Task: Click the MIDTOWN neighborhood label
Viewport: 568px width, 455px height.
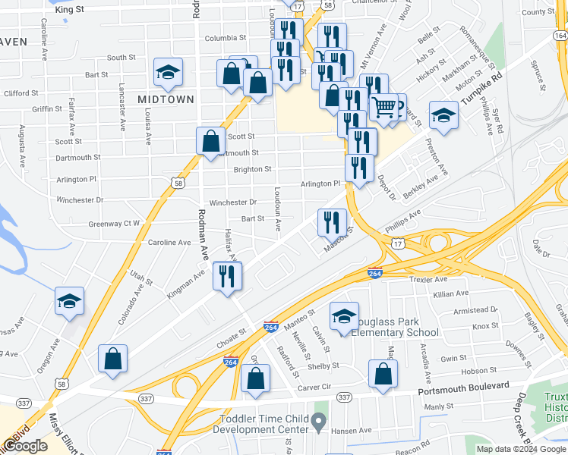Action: point(166,99)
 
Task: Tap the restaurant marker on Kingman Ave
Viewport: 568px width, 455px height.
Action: point(227,276)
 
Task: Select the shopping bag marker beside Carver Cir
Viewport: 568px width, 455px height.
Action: point(257,378)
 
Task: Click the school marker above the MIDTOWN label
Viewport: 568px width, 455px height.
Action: point(168,72)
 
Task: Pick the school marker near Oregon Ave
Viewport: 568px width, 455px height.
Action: point(69,301)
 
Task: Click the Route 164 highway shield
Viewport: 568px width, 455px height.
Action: point(560,36)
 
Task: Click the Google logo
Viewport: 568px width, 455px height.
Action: point(25,446)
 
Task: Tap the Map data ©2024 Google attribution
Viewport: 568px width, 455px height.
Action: point(521,449)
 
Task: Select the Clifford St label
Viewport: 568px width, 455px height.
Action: point(21,93)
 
